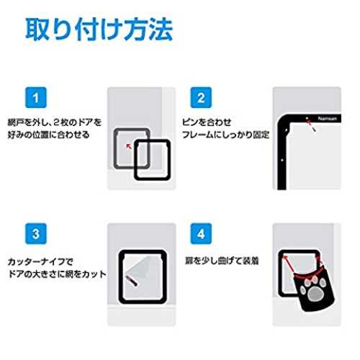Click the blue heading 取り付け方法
click(99, 30)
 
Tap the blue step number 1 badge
click(36, 98)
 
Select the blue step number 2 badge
click(201, 98)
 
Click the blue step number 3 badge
click(36, 234)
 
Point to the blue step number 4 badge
click(201, 234)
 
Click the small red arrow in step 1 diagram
click(129, 146)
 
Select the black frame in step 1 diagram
click(135, 160)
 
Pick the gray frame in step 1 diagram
click(115, 148)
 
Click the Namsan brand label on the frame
click(328, 119)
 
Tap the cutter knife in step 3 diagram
click(132, 281)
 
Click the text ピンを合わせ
click(207, 122)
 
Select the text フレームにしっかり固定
click(225, 135)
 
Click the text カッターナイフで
click(40, 261)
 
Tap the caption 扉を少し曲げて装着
click(222, 261)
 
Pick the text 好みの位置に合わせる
click(48, 135)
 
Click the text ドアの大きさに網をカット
click(57, 274)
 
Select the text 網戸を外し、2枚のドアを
click(55, 122)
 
